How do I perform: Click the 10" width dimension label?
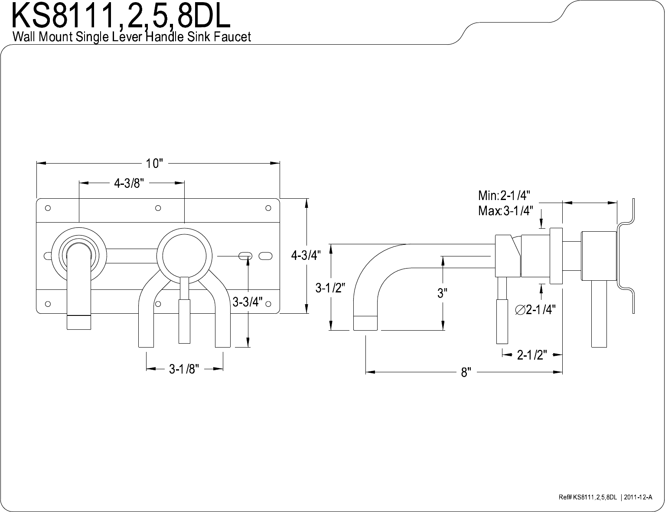(x=154, y=164)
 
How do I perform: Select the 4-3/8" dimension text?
(x=129, y=184)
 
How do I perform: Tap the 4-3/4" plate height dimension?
(x=306, y=255)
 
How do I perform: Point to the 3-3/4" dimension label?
(x=247, y=302)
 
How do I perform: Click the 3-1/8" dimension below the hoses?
(x=184, y=369)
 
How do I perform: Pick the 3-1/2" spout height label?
(x=330, y=288)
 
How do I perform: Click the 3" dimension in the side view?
(x=442, y=293)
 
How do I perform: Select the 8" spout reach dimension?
(x=466, y=373)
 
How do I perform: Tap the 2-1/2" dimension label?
(x=532, y=355)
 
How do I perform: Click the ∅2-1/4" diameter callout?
(x=535, y=310)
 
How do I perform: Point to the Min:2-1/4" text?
(x=504, y=195)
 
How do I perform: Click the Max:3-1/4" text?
(x=505, y=211)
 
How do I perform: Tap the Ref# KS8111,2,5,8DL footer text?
(x=587, y=497)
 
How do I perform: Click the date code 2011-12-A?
(x=638, y=497)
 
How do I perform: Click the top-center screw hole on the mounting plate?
(x=158, y=208)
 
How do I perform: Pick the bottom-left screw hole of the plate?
(x=48, y=304)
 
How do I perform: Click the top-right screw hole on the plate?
(x=268, y=208)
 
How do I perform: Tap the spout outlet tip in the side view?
(x=365, y=329)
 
